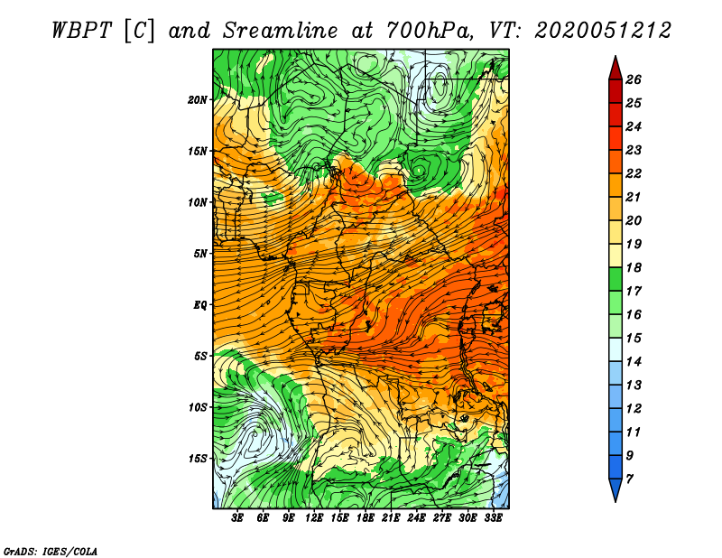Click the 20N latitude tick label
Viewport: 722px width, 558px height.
click(x=197, y=99)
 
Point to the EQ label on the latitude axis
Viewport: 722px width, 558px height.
click(x=199, y=305)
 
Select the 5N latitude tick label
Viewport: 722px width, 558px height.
click(x=200, y=254)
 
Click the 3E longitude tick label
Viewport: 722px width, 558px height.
click(x=237, y=518)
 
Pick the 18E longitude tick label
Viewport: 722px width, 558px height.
click(x=365, y=518)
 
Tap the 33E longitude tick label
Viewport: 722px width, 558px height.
click(x=493, y=518)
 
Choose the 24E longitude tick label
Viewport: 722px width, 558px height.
click(x=416, y=518)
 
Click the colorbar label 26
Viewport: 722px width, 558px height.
click(x=634, y=79)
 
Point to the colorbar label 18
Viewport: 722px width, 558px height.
click(x=634, y=267)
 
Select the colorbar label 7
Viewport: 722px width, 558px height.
click(x=629, y=479)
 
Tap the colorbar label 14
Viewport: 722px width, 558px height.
click(x=634, y=362)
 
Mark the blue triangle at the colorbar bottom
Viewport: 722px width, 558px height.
click(x=616, y=489)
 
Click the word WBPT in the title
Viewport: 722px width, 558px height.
click(x=81, y=31)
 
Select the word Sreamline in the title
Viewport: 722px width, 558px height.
click(x=280, y=31)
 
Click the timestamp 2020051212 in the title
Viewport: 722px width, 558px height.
click(x=602, y=31)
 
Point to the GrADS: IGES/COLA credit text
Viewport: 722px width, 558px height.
click(x=51, y=552)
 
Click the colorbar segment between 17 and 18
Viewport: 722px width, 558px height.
click(x=616, y=279)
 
